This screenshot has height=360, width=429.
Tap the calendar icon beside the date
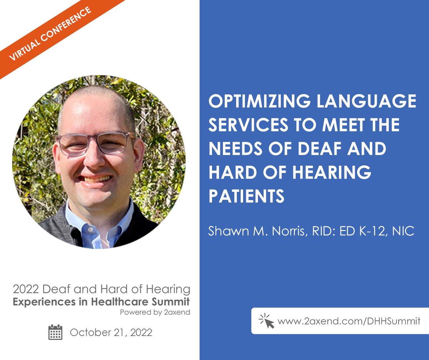pos(55,332)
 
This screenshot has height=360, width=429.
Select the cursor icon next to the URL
pos(267,321)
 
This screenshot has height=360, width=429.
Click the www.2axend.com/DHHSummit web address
pos(349,321)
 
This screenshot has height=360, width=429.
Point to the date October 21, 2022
pos(111,332)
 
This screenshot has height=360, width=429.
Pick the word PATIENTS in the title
pos(246,196)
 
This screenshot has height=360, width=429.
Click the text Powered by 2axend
pos(155,312)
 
